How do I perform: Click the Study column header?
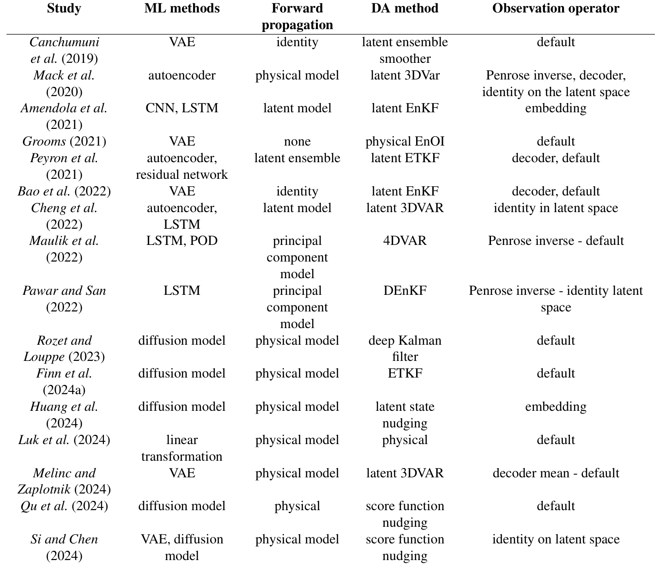coord(64,9)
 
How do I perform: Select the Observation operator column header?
coord(556,9)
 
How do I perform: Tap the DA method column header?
coord(405,9)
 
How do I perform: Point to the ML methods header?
coord(182,9)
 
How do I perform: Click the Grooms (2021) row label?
coord(64,141)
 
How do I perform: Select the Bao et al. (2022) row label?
coord(64,191)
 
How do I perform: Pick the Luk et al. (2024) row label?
coord(64,440)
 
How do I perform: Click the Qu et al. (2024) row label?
coord(64,506)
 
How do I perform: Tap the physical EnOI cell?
coord(405,141)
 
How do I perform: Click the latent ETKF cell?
coord(405,158)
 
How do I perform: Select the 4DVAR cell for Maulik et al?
coord(405,241)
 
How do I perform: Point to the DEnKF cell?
coord(405,291)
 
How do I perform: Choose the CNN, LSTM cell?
coord(182,108)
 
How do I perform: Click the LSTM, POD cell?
coord(182,241)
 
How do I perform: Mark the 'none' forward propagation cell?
coord(297,141)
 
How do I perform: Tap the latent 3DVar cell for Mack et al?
coord(405,75)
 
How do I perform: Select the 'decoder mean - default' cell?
coord(556,473)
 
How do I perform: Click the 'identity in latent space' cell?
coord(556,208)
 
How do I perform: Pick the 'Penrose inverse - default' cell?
coord(556,241)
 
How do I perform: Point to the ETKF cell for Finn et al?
coord(405,373)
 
